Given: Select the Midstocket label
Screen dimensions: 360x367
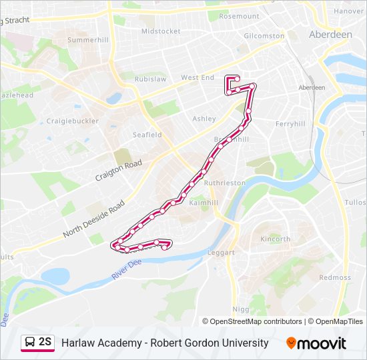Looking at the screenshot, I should click(161, 31).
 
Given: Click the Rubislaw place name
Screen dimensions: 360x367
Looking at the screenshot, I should click(150, 79).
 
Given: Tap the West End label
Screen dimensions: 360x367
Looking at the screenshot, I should click(198, 78).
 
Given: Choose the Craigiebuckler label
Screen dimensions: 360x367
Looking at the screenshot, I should click(72, 121).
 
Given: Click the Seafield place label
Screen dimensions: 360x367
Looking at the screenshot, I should click(147, 135).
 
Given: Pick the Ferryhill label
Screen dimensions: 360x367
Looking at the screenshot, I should click(290, 124).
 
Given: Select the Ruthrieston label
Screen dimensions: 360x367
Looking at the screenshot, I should click(225, 182).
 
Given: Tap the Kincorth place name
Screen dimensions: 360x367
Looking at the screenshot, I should click(276, 239).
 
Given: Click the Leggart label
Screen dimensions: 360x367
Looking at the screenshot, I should click(221, 253).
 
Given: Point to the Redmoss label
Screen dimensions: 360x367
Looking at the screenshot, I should click(334, 277).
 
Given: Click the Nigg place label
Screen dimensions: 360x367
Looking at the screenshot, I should click(240, 309).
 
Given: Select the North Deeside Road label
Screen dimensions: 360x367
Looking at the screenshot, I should click(93, 217).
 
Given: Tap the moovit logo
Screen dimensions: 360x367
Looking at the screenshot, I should click(316, 343).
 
